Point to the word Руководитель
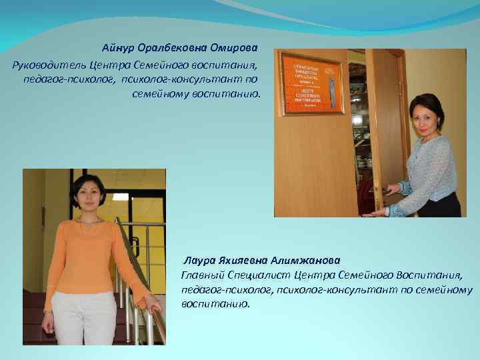tap(42, 65)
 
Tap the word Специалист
tap(257, 275)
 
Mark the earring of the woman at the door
tap(415, 128)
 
